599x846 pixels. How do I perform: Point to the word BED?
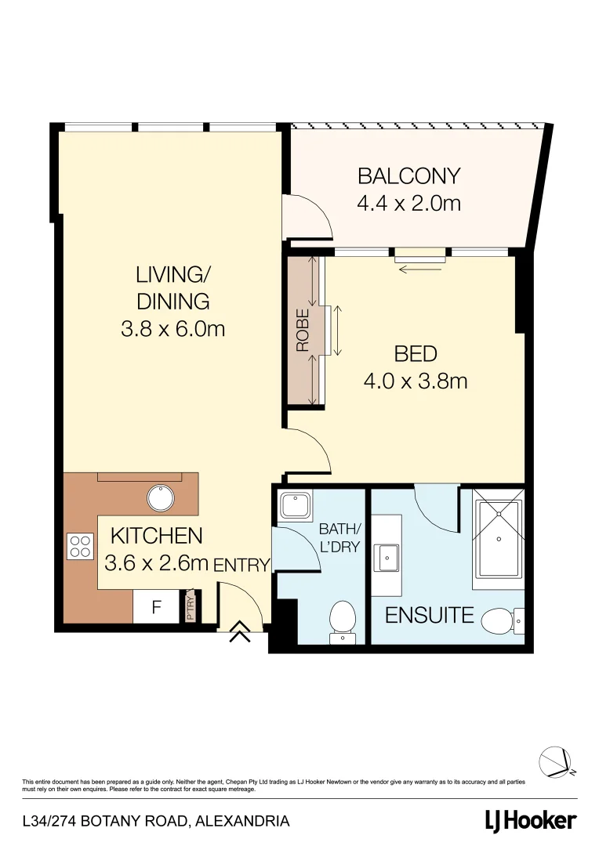click(415, 354)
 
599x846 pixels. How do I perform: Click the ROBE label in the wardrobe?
click(303, 329)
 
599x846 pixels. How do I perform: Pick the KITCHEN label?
click(157, 537)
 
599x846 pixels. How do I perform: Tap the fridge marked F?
click(156, 607)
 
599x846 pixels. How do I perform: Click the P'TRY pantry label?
click(191, 609)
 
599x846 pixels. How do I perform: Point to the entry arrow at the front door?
click(240, 632)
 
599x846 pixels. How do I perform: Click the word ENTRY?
click(242, 565)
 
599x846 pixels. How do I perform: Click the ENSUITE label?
click(429, 616)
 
